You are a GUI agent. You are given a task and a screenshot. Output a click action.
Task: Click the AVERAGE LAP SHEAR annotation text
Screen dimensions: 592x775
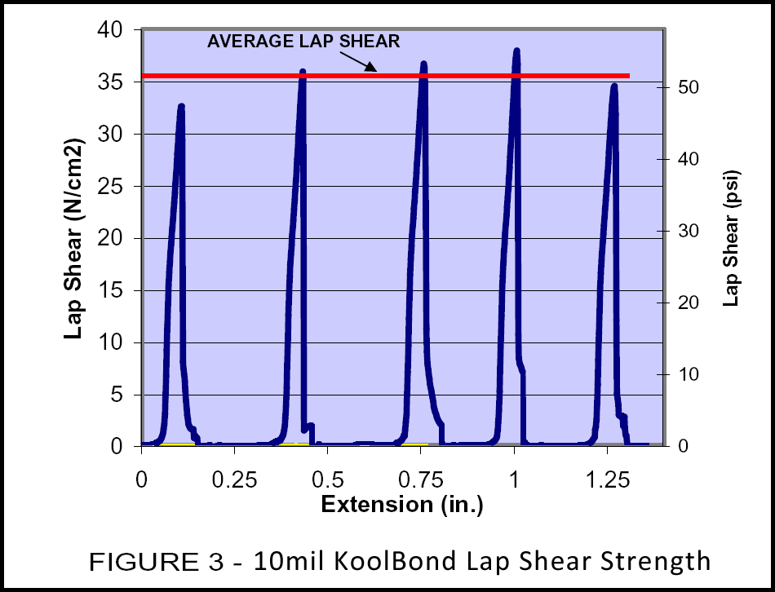click(303, 42)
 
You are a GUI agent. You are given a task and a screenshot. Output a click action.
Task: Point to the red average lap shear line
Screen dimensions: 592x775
click(245, 76)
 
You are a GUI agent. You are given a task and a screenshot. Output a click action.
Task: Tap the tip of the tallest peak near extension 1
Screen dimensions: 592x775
click(516, 51)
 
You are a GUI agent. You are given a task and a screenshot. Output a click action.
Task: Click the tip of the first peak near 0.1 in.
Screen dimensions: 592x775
click(181, 106)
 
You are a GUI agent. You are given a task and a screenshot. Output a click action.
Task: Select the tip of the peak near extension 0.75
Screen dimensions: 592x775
click(423, 63)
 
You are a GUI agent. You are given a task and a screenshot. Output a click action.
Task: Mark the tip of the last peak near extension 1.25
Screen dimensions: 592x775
click(614, 85)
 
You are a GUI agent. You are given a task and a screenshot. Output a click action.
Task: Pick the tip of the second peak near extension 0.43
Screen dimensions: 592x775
click(303, 71)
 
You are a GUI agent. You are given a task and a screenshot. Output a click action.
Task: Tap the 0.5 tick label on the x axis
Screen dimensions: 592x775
click(327, 475)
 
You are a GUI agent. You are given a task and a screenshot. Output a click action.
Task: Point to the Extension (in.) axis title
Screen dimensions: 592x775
click(402, 505)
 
